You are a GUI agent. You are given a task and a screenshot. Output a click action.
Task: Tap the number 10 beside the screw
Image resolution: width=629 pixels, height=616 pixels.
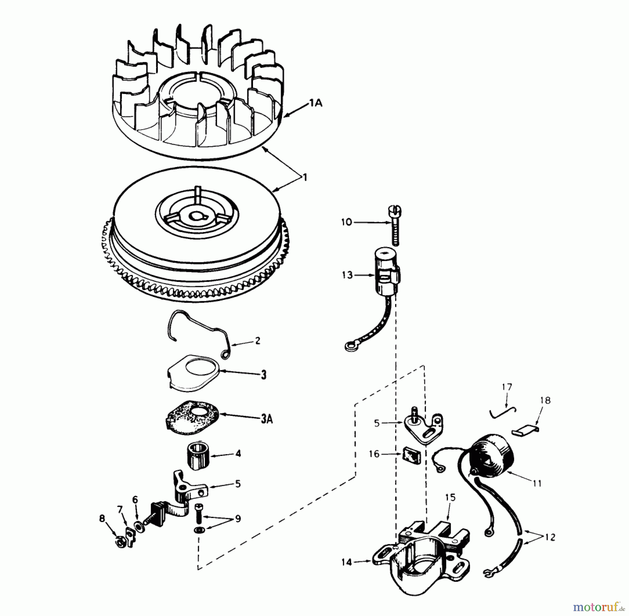tap(347, 222)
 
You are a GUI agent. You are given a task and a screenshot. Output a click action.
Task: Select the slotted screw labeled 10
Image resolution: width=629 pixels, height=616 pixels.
tap(395, 225)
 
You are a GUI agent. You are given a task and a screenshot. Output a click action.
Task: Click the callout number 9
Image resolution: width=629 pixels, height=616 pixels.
tap(238, 519)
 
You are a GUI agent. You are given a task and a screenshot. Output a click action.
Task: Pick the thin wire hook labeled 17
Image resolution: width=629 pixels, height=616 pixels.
tap(503, 412)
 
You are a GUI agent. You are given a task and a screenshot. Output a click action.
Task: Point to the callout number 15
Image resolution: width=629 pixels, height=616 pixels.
tap(450, 498)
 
